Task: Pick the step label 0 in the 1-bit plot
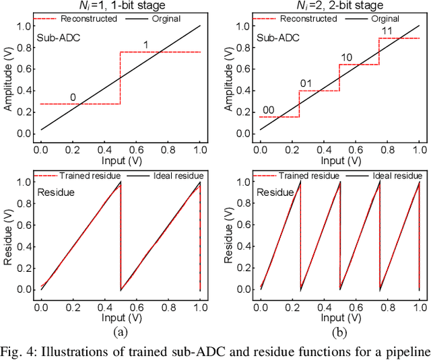tap(73, 97)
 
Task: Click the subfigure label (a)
tap(120, 331)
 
